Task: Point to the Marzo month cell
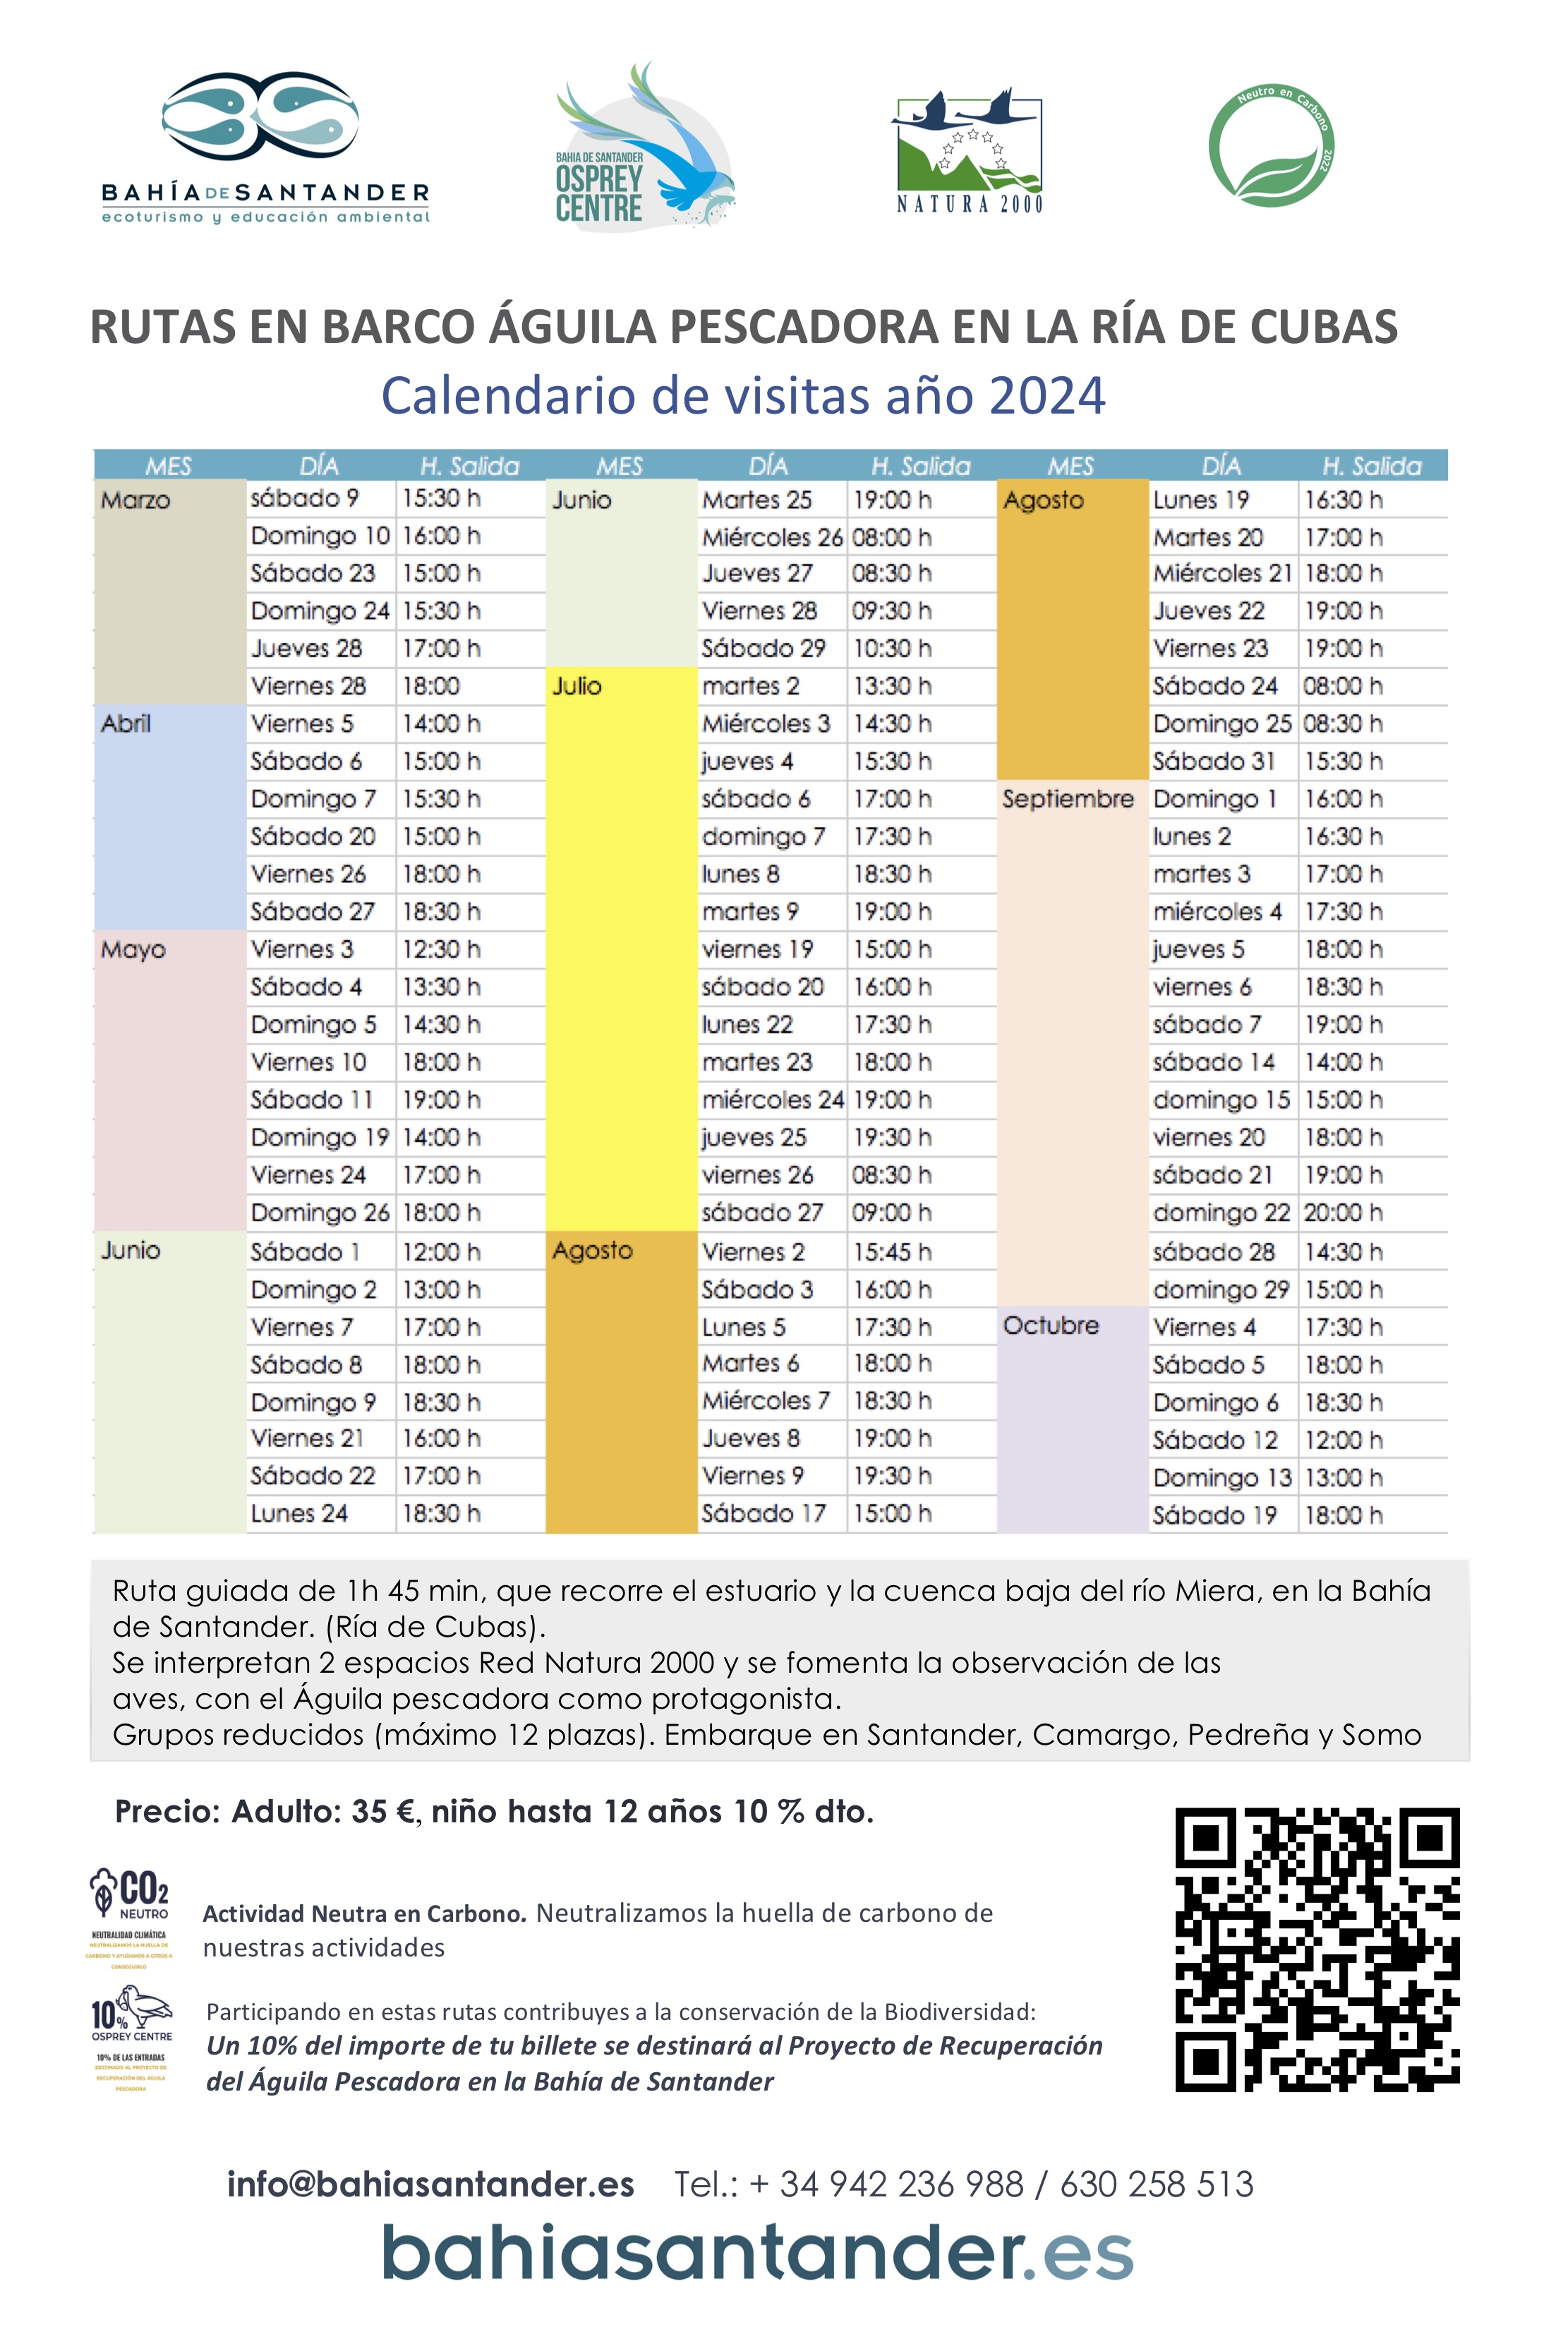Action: click(x=136, y=500)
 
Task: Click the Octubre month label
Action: click(x=1051, y=1325)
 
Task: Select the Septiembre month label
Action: click(x=1068, y=799)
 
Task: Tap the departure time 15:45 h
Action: click(x=891, y=1251)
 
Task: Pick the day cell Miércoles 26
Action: click(x=771, y=537)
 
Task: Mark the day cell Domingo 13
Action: click(x=1221, y=1478)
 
